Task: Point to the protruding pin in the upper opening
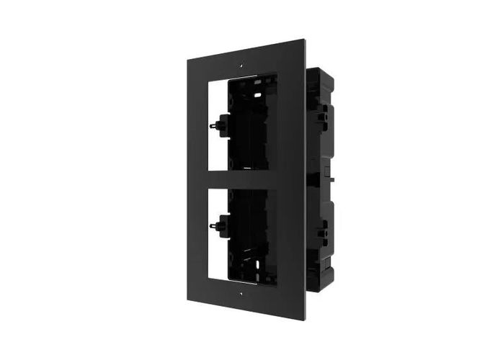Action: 213,122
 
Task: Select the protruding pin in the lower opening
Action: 213,227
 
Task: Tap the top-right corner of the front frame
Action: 303,40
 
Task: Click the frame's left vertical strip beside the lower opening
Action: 200,238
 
